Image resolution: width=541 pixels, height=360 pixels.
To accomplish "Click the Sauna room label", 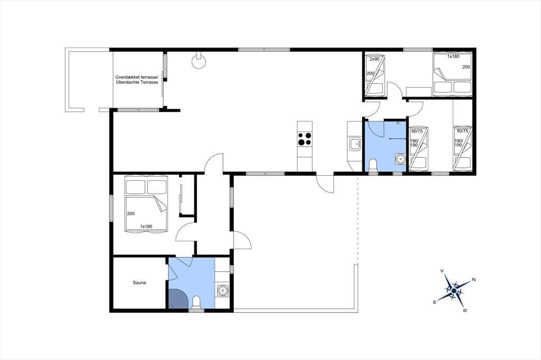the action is pyautogui.click(x=139, y=283).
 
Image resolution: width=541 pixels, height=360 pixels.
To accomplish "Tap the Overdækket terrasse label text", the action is pyautogui.click(x=137, y=77).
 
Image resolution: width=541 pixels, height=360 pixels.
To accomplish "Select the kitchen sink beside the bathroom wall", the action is pyautogui.click(x=355, y=144).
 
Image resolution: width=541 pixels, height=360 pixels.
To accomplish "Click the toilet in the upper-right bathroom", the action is pyautogui.click(x=373, y=165).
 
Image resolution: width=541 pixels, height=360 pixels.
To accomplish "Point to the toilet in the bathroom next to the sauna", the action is pyautogui.click(x=197, y=302).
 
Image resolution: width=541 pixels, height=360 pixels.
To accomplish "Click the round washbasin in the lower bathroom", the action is pyautogui.click(x=222, y=291).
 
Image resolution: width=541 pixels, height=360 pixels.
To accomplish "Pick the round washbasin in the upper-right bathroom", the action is pyautogui.click(x=400, y=159).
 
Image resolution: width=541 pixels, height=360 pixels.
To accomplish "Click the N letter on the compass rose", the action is pyautogui.click(x=474, y=280).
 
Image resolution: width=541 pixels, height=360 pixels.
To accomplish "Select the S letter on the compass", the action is pyautogui.click(x=435, y=302).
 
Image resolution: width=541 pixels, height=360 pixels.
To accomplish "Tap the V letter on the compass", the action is pyautogui.click(x=442, y=271).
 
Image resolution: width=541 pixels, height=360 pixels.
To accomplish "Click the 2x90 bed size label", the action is pyautogui.click(x=375, y=59).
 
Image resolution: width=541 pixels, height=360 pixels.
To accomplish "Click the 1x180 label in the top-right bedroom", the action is pyautogui.click(x=453, y=56).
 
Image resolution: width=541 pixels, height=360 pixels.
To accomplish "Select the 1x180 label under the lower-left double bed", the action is pyautogui.click(x=146, y=226).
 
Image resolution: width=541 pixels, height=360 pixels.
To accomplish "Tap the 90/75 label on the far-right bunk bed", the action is pyautogui.click(x=462, y=131).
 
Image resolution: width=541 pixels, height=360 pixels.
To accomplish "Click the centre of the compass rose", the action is pyautogui.click(x=454, y=291).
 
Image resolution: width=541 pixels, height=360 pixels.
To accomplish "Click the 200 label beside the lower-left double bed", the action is pyautogui.click(x=131, y=213).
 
